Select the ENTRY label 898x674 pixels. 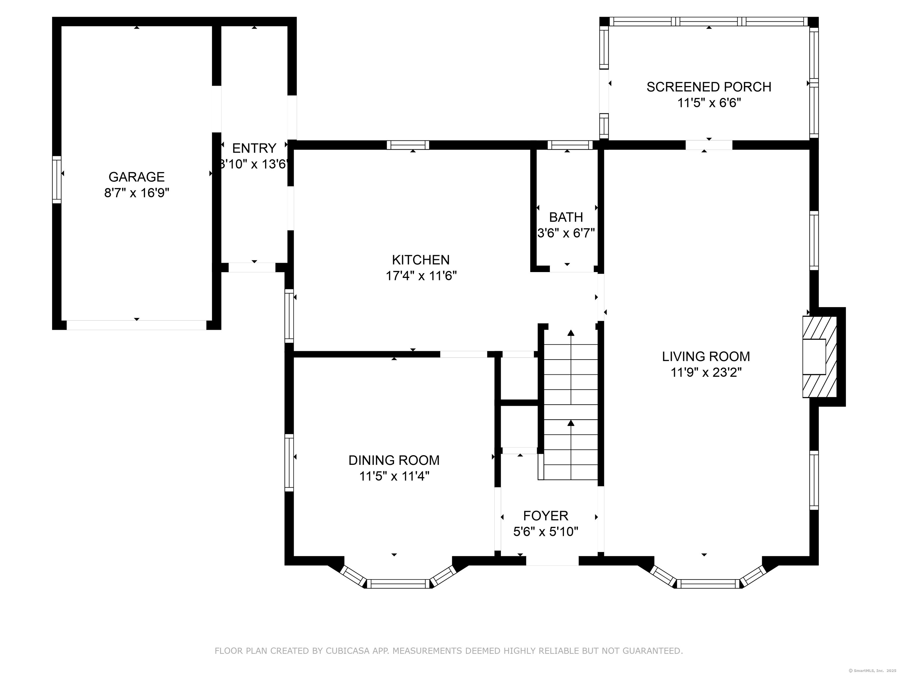tap(254, 148)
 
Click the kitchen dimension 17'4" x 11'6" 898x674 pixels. tap(421, 276)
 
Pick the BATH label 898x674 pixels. tap(566, 217)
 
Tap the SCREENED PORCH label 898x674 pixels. tap(709, 87)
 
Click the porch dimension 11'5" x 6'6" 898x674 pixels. tap(709, 103)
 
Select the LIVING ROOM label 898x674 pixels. tap(706, 356)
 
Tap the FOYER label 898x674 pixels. tap(546, 516)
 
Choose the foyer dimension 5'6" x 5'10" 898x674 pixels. tap(546, 532)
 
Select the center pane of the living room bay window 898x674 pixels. tap(708, 584)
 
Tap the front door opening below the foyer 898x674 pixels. tap(552, 561)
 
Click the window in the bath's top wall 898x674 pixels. tap(570, 145)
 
